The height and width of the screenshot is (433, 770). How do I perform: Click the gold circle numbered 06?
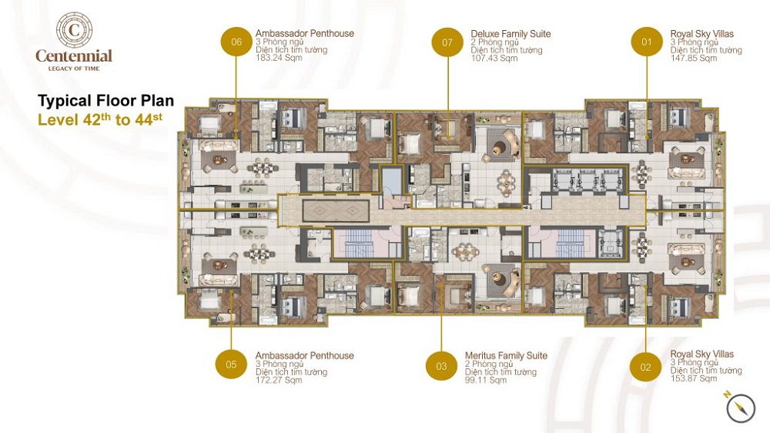236,42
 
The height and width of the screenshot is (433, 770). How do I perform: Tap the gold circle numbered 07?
447,42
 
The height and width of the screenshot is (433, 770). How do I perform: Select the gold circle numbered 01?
647,42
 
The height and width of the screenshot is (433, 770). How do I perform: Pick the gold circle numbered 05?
232,364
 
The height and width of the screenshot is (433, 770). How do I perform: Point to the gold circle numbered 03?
441,366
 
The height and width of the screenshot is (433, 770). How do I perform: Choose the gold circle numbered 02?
645,367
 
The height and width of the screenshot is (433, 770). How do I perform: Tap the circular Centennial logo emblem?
74,29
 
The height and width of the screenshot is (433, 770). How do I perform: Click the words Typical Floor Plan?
106,101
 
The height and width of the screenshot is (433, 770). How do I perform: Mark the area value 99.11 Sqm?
486,380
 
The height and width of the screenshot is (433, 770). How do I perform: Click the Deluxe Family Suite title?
511,34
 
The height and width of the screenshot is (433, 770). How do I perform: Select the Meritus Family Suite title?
506,356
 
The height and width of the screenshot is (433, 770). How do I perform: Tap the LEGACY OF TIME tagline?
73,69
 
